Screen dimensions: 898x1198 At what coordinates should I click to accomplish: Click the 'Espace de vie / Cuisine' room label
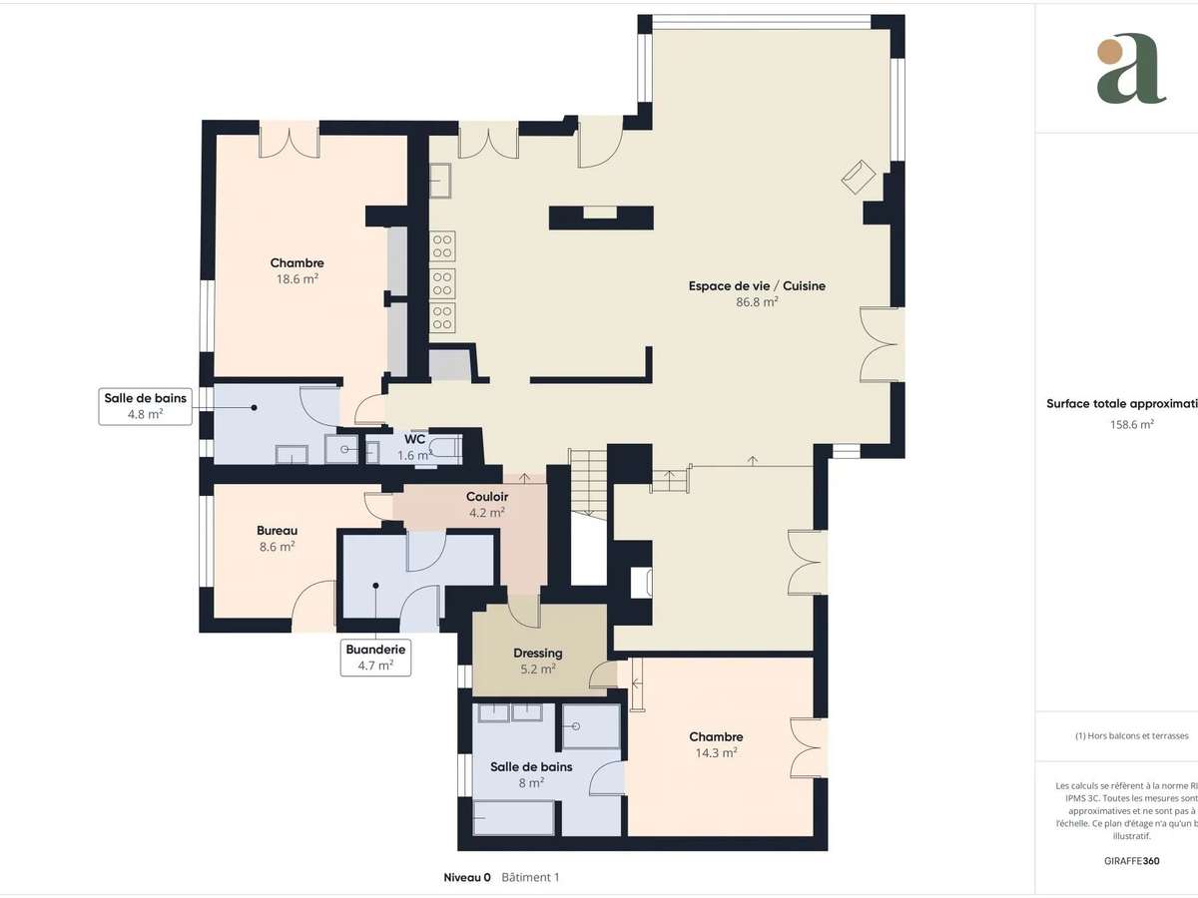(757, 285)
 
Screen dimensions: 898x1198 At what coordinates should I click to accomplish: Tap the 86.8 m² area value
(757, 301)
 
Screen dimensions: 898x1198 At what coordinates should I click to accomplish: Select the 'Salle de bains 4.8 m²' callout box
(145, 406)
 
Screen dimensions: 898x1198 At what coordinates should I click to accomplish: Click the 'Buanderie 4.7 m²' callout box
(375, 657)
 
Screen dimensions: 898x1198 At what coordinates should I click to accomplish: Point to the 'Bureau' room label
(277, 530)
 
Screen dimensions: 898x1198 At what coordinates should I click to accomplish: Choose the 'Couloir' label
(487, 496)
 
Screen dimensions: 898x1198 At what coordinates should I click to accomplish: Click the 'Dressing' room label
(537, 654)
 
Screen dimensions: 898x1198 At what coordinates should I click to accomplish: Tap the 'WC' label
(414, 439)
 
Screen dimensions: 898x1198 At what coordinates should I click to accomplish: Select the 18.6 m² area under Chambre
(297, 279)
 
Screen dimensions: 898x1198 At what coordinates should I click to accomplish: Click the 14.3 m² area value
(716, 753)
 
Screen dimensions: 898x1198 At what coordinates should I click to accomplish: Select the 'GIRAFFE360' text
(1131, 859)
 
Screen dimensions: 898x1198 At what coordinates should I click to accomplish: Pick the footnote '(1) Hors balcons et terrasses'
(1131, 735)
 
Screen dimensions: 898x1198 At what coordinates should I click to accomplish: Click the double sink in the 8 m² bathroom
(509, 711)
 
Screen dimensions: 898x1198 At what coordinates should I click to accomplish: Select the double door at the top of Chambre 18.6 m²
(289, 140)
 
